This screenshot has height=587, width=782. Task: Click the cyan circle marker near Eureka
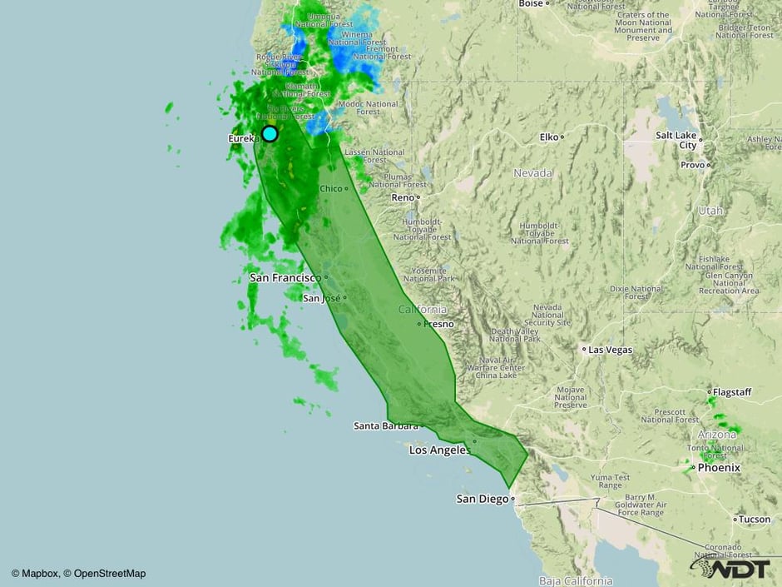click(270, 133)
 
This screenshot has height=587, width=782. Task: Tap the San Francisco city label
click(285, 277)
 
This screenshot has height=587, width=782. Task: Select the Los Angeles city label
click(439, 450)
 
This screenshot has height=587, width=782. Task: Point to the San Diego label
click(482, 499)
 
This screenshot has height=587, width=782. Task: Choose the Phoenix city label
click(719, 468)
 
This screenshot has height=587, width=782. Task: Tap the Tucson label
click(754, 519)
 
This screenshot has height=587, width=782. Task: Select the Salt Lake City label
click(676, 140)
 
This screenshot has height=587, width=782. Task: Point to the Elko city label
click(549, 137)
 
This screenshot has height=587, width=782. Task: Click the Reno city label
click(403, 197)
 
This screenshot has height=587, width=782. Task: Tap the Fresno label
click(438, 323)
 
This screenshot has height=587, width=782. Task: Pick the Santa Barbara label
click(385, 425)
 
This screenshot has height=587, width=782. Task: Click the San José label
click(321, 298)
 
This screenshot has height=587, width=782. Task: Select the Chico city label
click(331, 188)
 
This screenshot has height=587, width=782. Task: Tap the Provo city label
click(692, 165)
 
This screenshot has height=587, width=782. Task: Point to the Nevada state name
click(532, 173)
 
